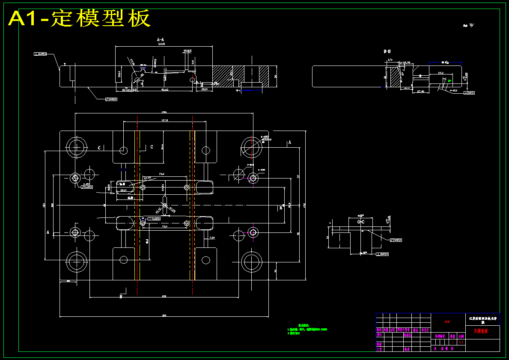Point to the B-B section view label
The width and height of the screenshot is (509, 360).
[387, 51]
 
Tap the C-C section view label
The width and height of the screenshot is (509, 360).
[361, 222]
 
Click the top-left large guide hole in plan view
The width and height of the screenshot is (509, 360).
[77, 147]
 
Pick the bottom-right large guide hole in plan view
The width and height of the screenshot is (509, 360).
[252, 261]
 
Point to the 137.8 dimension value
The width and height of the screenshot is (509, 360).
[164, 120]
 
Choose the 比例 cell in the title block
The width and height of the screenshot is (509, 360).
[461, 336]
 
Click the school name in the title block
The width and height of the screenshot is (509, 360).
[482, 319]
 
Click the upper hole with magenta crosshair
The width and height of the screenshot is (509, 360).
[253, 177]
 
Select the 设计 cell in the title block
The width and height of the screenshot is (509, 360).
[379, 335]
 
